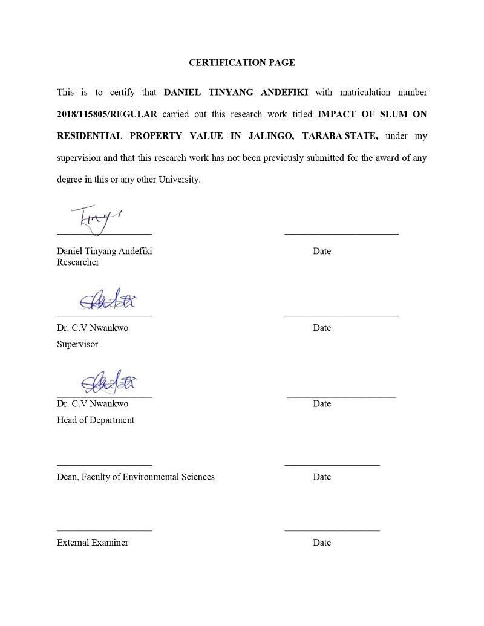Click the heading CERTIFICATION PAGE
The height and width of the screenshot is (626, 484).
pos(242,62)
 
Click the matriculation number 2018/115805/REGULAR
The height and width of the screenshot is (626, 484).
pos(106,114)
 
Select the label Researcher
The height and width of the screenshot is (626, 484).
pos(78,262)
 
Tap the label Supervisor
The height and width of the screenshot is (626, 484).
pos(77,344)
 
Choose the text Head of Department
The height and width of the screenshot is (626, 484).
pos(96,420)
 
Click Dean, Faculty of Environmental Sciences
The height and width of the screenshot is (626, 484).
pos(136,477)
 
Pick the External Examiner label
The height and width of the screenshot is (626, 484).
pos(93,543)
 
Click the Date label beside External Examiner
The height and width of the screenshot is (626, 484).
pos(322,543)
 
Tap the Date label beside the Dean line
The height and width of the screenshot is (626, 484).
pos(322,477)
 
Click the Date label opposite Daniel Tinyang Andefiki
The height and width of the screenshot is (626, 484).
pos(322,252)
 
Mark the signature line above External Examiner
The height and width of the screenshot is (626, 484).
pos(104,530)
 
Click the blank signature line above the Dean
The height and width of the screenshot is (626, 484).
pos(104,465)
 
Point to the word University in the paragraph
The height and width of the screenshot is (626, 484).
pos(178,180)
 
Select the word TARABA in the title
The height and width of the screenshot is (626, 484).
pos(322,136)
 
